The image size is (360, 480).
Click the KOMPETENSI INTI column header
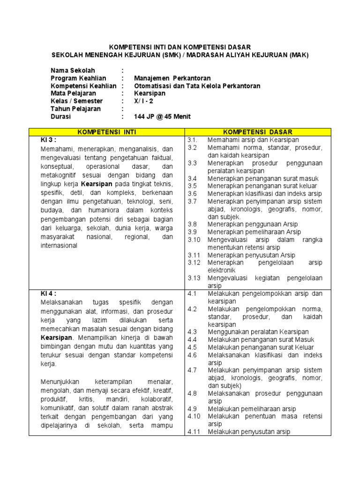[x=106, y=132]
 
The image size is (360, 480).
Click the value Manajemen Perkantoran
[x=172, y=78]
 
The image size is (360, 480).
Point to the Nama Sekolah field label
[x=73, y=71]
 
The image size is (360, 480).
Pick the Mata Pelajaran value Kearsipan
[x=150, y=94]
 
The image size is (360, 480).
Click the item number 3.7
[x=193, y=201]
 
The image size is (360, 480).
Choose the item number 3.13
[x=194, y=278]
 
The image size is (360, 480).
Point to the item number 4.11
[x=194, y=432]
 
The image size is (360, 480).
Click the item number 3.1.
[x=193, y=140]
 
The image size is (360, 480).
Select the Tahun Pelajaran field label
[x=75, y=109]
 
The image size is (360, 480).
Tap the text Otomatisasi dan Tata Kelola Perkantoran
[x=197, y=86]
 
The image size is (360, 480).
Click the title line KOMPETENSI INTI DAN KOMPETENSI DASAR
[x=180, y=47]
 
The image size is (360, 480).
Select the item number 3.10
[x=194, y=240]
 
